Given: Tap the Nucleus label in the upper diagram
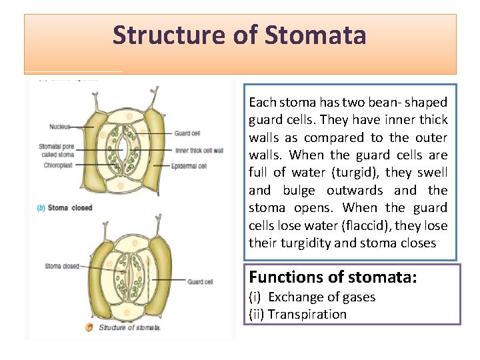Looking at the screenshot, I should (x=59, y=127).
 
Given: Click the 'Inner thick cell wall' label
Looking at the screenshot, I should (x=199, y=151).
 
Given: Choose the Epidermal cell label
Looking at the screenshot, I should (x=191, y=165).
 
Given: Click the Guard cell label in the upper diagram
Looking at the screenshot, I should (x=187, y=133).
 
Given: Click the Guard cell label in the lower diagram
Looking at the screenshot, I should (x=200, y=282).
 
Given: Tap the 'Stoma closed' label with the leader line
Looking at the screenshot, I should (x=61, y=266).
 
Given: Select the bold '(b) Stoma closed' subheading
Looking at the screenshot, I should (x=65, y=208).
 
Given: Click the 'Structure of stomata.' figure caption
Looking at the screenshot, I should (x=129, y=327).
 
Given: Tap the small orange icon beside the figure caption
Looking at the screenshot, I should (x=89, y=327).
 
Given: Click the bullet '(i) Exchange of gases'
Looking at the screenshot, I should (x=312, y=297).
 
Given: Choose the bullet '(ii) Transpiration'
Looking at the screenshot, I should (x=297, y=314).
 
